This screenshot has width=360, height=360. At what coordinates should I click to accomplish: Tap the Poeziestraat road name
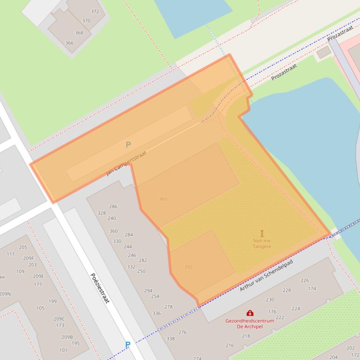(x=100, y=288)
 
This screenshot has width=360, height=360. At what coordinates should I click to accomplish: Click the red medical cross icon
(x=250, y=313)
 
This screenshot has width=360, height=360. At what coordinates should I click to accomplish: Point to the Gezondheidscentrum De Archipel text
(x=250, y=324)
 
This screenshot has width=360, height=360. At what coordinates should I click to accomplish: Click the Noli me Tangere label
(x=262, y=244)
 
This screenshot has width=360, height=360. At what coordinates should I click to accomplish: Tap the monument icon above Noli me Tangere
(x=262, y=233)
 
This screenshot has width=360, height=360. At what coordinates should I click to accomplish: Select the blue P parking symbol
(x=127, y=345)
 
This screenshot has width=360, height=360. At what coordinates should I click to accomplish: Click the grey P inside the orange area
(x=128, y=145)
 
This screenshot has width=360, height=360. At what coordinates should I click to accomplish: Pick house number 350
(x=188, y=267)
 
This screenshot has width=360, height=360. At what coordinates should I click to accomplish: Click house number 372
(x=95, y=12)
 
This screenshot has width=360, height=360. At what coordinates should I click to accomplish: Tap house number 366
(x=69, y=43)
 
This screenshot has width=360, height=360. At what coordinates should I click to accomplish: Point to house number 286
(x=113, y=206)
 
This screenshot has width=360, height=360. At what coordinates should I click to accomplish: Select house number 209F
(x=29, y=258)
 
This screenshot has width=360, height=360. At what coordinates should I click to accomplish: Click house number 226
(x=304, y=281)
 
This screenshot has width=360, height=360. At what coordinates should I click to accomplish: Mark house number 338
(x=170, y=338)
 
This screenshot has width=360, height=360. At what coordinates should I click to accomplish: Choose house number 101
(x=63, y=350)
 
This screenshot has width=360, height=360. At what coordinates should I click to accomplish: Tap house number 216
(x=230, y=346)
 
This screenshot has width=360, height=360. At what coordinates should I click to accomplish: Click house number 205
(x=23, y=247)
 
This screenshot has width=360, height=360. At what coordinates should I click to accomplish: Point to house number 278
(x=168, y=307)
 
